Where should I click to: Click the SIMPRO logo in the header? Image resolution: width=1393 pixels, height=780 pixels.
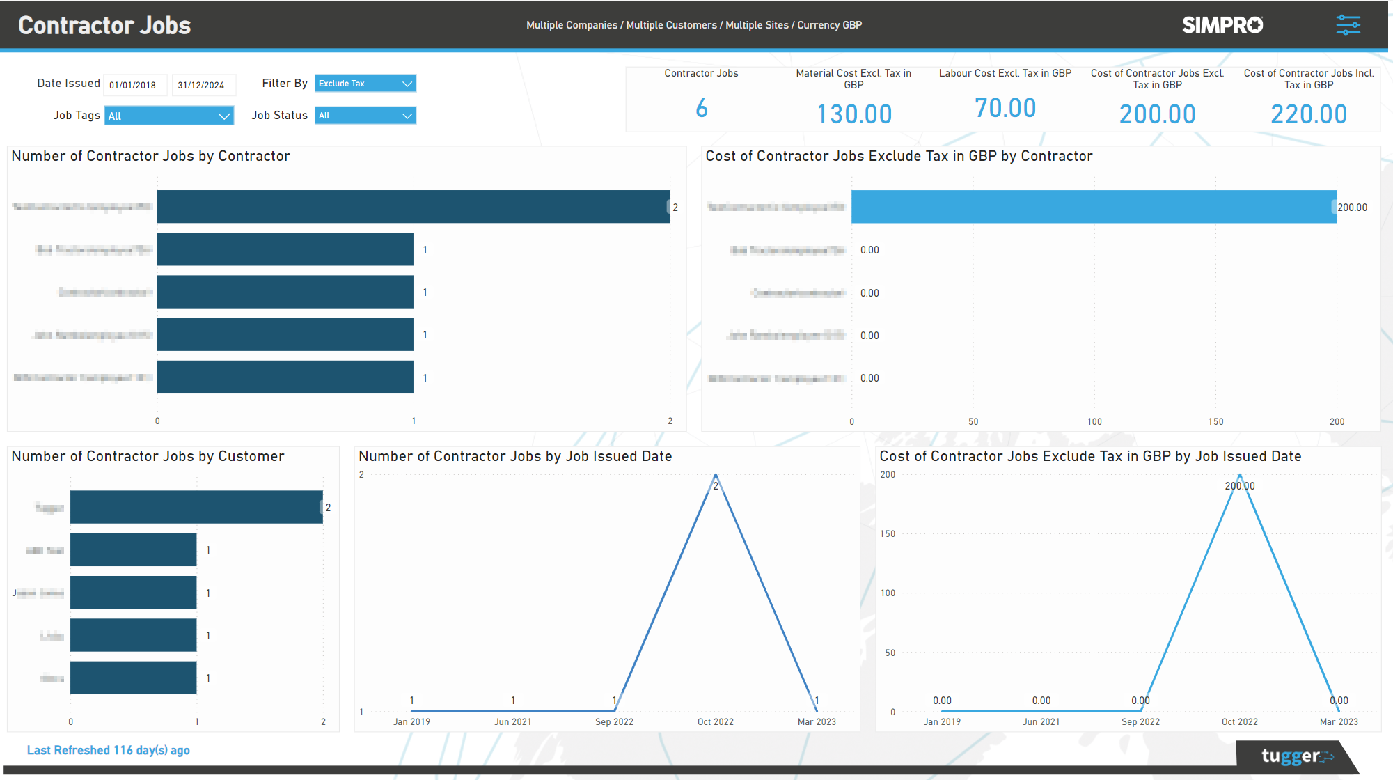[x=1222, y=25]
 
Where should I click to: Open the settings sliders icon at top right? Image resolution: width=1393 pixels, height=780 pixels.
[x=1348, y=25]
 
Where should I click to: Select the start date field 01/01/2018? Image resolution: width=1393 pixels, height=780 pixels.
[x=134, y=85]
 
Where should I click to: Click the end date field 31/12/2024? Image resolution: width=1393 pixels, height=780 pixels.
[x=202, y=85]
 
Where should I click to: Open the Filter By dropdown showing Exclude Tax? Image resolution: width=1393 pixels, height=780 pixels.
[x=365, y=84]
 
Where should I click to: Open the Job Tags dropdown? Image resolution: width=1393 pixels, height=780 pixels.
[x=168, y=116]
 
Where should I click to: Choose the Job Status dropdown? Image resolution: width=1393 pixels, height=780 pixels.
[x=365, y=116]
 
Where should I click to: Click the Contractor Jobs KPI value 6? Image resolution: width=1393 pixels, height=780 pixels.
[x=701, y=108]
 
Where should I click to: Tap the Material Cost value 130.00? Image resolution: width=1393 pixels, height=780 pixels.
[x=853, y=114]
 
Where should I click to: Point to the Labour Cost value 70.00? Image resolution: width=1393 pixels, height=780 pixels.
[x=1005, y=108]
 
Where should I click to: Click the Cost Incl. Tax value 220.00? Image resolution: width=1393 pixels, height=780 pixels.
[x=1308, y=114]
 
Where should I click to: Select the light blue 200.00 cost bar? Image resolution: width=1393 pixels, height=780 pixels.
[x=1093, y=207]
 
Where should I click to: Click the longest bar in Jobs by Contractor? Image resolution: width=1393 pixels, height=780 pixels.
[x=413, y=207]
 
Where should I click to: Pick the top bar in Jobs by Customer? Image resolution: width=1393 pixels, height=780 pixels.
[x=196, y=507]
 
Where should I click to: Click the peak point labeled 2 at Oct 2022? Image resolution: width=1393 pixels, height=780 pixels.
[x=715, y=476]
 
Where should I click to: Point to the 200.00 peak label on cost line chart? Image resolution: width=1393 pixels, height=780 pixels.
[x=1239, y=486]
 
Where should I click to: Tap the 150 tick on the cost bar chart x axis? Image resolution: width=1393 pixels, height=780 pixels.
[x=1215, y=421]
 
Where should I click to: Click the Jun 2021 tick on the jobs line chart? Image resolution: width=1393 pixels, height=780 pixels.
[x=512, y=721]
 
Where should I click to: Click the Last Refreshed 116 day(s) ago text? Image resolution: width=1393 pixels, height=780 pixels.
[x=108, y=750]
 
